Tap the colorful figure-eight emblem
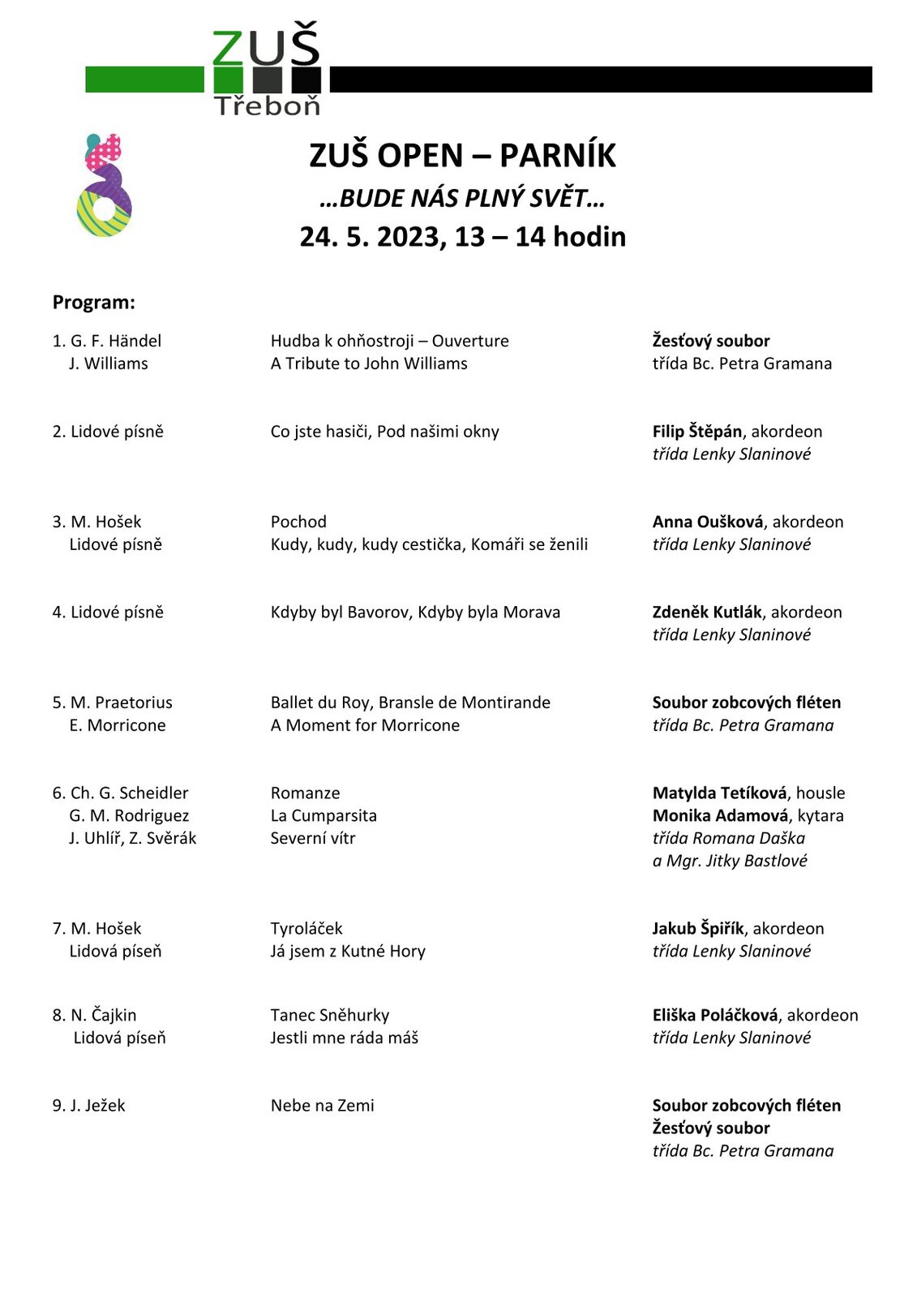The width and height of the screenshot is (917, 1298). pyautogui.click(x=104, y=186)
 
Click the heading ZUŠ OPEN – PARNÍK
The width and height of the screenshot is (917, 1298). pyautogui.click(x=462, y=155)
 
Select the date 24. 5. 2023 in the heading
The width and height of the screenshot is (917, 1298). pyautogui.click(x=372, y=237)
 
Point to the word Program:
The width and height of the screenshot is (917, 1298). pyautogui.click(x=94, y=303)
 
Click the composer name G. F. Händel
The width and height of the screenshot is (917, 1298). pyautogui.click(x=116, y=341)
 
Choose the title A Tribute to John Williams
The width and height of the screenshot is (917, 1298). pyautogui.click(x=369, y=363)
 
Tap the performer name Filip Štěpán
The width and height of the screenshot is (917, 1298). pyautogui.click(x=696, y=432)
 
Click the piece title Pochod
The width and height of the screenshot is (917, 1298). pyautogui.click(x=298, y=522)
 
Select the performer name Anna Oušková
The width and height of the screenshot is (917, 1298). pyautogui.click(x=707, y=522)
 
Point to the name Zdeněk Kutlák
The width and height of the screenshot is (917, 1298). pyautogui.click(x=707, y=612)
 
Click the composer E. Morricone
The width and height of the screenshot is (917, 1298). pyautogui.click(x=118, y=725)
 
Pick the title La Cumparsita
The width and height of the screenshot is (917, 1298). pyautogui.click(x=324, y=815)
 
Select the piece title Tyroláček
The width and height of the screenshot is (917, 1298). pyautogui.click(x=306, y=928)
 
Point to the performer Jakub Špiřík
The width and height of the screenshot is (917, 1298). pyautogui.click(x=698, y=928)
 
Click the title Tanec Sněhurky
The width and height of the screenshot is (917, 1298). pyautogui.click(x=330, y=1015)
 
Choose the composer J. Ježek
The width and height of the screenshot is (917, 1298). pyautogui.click(x=97, y=1105)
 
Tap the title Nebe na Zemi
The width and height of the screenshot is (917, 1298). pyautogui.click(x=323, y=1105)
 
